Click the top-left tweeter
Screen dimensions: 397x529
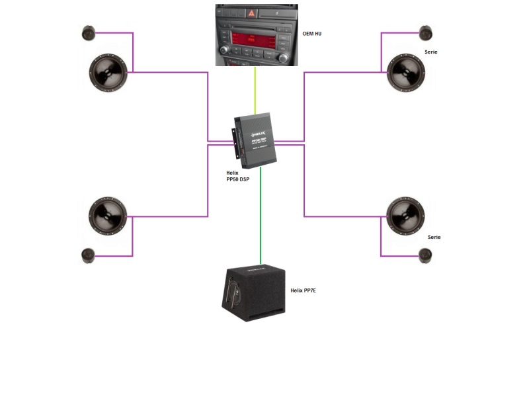(89, 33)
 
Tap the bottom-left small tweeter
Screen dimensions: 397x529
(89, 255)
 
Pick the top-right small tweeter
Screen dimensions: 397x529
(426, 33)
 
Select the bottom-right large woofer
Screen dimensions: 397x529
(406, 216)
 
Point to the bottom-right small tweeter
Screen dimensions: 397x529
(426, 255)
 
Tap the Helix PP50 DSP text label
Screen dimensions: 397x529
(239, 176)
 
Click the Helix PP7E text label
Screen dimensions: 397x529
(304, 290)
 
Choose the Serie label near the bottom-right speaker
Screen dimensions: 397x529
(434, 237)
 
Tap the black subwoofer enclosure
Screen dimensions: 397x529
(254, 294)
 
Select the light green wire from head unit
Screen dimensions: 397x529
(255, 90)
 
